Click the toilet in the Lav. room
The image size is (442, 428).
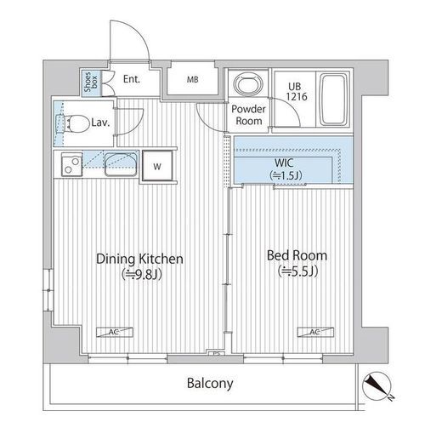[x=73, y=124]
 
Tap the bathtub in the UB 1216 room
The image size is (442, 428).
[x=333, y=99]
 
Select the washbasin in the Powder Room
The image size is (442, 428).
[x=248, y=83]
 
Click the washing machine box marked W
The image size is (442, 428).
[x=157, y=166]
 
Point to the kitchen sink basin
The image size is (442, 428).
[x=121, y=164]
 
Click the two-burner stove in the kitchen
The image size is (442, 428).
[x=71, y=165]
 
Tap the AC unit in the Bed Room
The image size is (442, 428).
[x=315, y=332]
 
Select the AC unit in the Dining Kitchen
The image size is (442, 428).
[x=115, y=332]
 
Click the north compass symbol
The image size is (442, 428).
[x=377, y=387]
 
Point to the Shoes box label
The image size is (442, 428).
[x=91, y=82]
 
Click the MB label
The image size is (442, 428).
[x=192, y=80]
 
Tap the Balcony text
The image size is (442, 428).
[x=210, y=384]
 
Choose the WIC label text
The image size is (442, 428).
[x=284, y=163]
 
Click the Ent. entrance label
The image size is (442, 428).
[x=132, y=79]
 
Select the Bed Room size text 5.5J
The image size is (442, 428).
[x=297, y=271]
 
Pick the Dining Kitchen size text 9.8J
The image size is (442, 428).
[x=142, y=275]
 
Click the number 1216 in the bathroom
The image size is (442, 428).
[x=297, y=97]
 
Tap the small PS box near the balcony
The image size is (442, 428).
[x=217, y=353]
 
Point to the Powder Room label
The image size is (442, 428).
[x=248, y=115]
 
